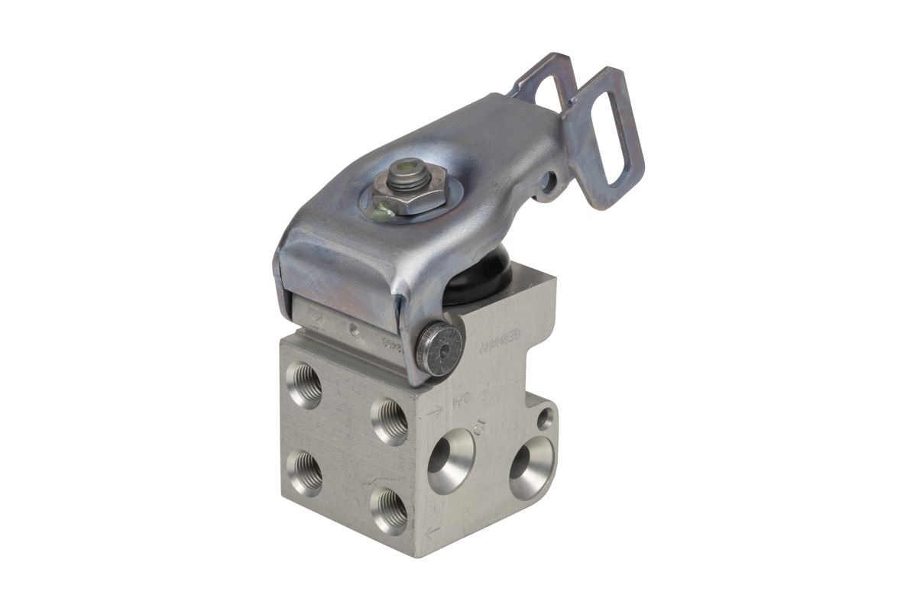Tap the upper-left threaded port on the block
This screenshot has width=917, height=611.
tap(306, 386)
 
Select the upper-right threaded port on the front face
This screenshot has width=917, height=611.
tap(390, 421)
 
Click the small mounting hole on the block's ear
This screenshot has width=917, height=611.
tap(544, 418)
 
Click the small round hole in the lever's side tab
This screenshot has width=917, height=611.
tap(549, 183)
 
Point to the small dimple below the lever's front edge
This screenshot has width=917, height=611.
tap(352, 330)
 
